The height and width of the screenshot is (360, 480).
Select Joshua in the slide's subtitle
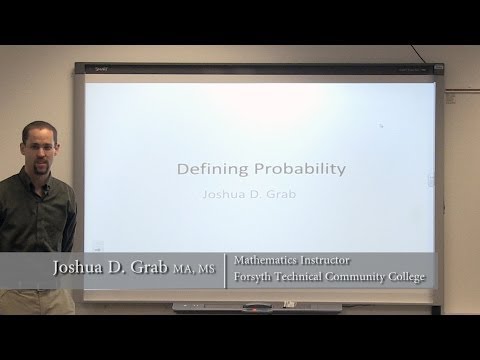click(226, 196)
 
